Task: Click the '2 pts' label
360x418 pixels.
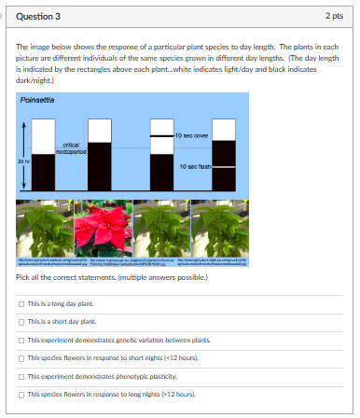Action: pos(335,17)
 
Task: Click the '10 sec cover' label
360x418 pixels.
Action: pos(190,136)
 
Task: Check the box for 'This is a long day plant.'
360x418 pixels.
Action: pos(21,304)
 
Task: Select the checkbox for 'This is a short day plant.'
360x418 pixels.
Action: pos(21,321)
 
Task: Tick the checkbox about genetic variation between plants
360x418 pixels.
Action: pos(21,340)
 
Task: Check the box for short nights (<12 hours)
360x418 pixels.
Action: pos(21,358)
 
